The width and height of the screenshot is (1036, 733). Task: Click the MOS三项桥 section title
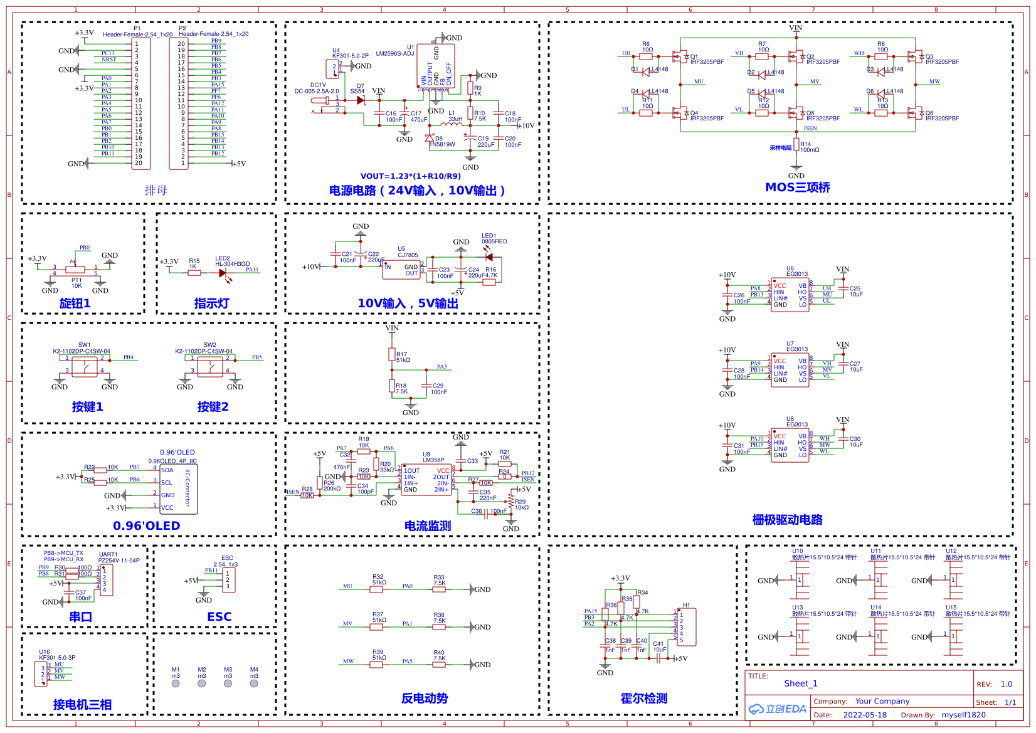(x=797, y=187)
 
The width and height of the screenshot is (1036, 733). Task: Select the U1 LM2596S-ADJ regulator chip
(x=436, y=66)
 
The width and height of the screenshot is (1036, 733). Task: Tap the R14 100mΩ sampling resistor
(x=796, y=146)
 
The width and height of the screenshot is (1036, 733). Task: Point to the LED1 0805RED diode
(x=489, y=257)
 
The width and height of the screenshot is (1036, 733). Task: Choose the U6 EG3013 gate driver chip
(x=790, y=295)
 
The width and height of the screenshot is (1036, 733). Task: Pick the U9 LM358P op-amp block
(x=426, y=480)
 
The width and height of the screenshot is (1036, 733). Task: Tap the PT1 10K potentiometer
(x=75, y=270)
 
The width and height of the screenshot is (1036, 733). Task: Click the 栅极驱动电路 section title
(x=787, y=520)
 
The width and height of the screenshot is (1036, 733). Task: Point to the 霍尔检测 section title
(x=643, y=699)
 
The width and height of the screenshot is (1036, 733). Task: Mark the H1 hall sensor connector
(x=686, y=626)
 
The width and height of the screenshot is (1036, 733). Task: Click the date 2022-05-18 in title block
(x=864, y=715)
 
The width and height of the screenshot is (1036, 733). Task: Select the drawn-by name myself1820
(x=963, y=715)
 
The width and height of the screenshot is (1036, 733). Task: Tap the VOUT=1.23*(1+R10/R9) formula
(x=410, y=176)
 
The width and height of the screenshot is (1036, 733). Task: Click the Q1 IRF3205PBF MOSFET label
(x=707, y=62)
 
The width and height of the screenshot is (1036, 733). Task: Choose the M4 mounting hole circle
(x=254, y=683)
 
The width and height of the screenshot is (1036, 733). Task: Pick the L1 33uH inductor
(x=452, y=124)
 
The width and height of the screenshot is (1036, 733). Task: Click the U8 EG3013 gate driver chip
(x=790, y=445)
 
